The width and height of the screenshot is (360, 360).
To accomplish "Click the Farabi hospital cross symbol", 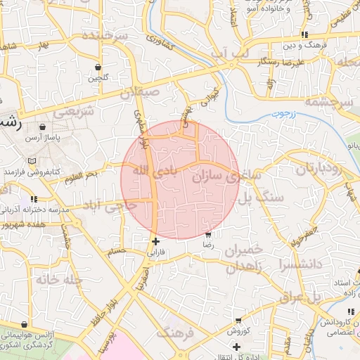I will [155, 241].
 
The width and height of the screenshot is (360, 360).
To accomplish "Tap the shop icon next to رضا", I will [208, 236].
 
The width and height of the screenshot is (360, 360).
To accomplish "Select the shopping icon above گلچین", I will [98, 67].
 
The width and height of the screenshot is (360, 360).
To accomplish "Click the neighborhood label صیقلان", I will [140, 92].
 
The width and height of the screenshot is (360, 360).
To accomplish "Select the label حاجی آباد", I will [110, 206].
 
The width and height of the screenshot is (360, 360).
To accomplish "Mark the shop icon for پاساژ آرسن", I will [43, 127].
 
